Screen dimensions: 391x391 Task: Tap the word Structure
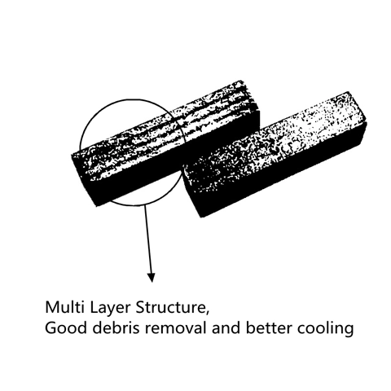[x=169, y=307]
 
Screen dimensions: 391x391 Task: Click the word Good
[x=65, y=327]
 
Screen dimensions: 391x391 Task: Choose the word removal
[x=175, y=327]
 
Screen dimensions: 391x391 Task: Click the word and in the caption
[x=226, y=327]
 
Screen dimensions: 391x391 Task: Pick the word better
[x=269, y=327]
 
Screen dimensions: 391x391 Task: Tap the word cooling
[x=325, y=329]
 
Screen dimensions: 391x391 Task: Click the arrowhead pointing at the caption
[x=152, y=278]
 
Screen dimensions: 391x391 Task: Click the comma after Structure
[x=207, y=313]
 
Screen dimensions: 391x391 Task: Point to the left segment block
[x=165, y=143]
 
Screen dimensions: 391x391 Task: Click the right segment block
[x=275, y=155]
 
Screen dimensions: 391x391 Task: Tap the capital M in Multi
[x=51, y=307]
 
